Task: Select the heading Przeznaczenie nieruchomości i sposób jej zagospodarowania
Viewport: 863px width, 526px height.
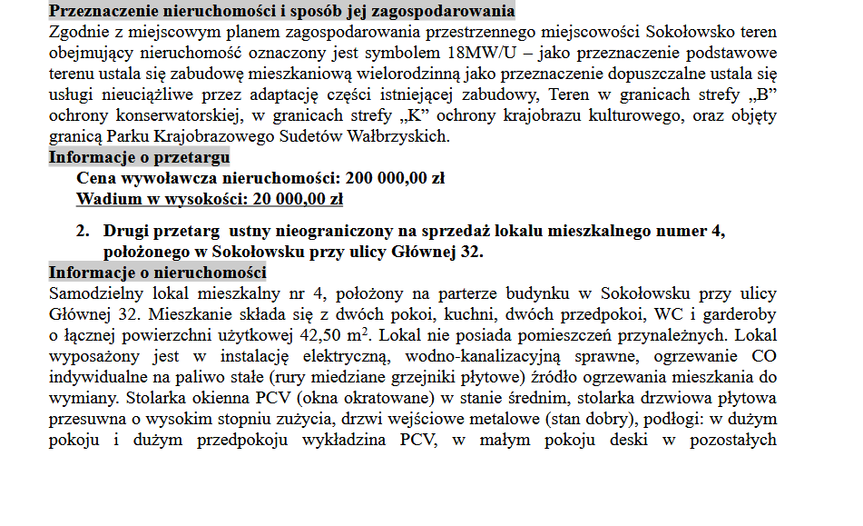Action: (x=281, y=12)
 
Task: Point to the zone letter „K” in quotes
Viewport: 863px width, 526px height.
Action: (x=441, y=116)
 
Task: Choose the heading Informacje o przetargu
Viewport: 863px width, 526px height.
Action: (x=139, y=157)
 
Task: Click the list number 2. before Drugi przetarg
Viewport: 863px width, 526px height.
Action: (x=83, y=231)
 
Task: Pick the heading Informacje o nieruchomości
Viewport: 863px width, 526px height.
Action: (x=157, y=273)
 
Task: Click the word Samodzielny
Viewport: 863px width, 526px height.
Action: (x=97, y=293)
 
